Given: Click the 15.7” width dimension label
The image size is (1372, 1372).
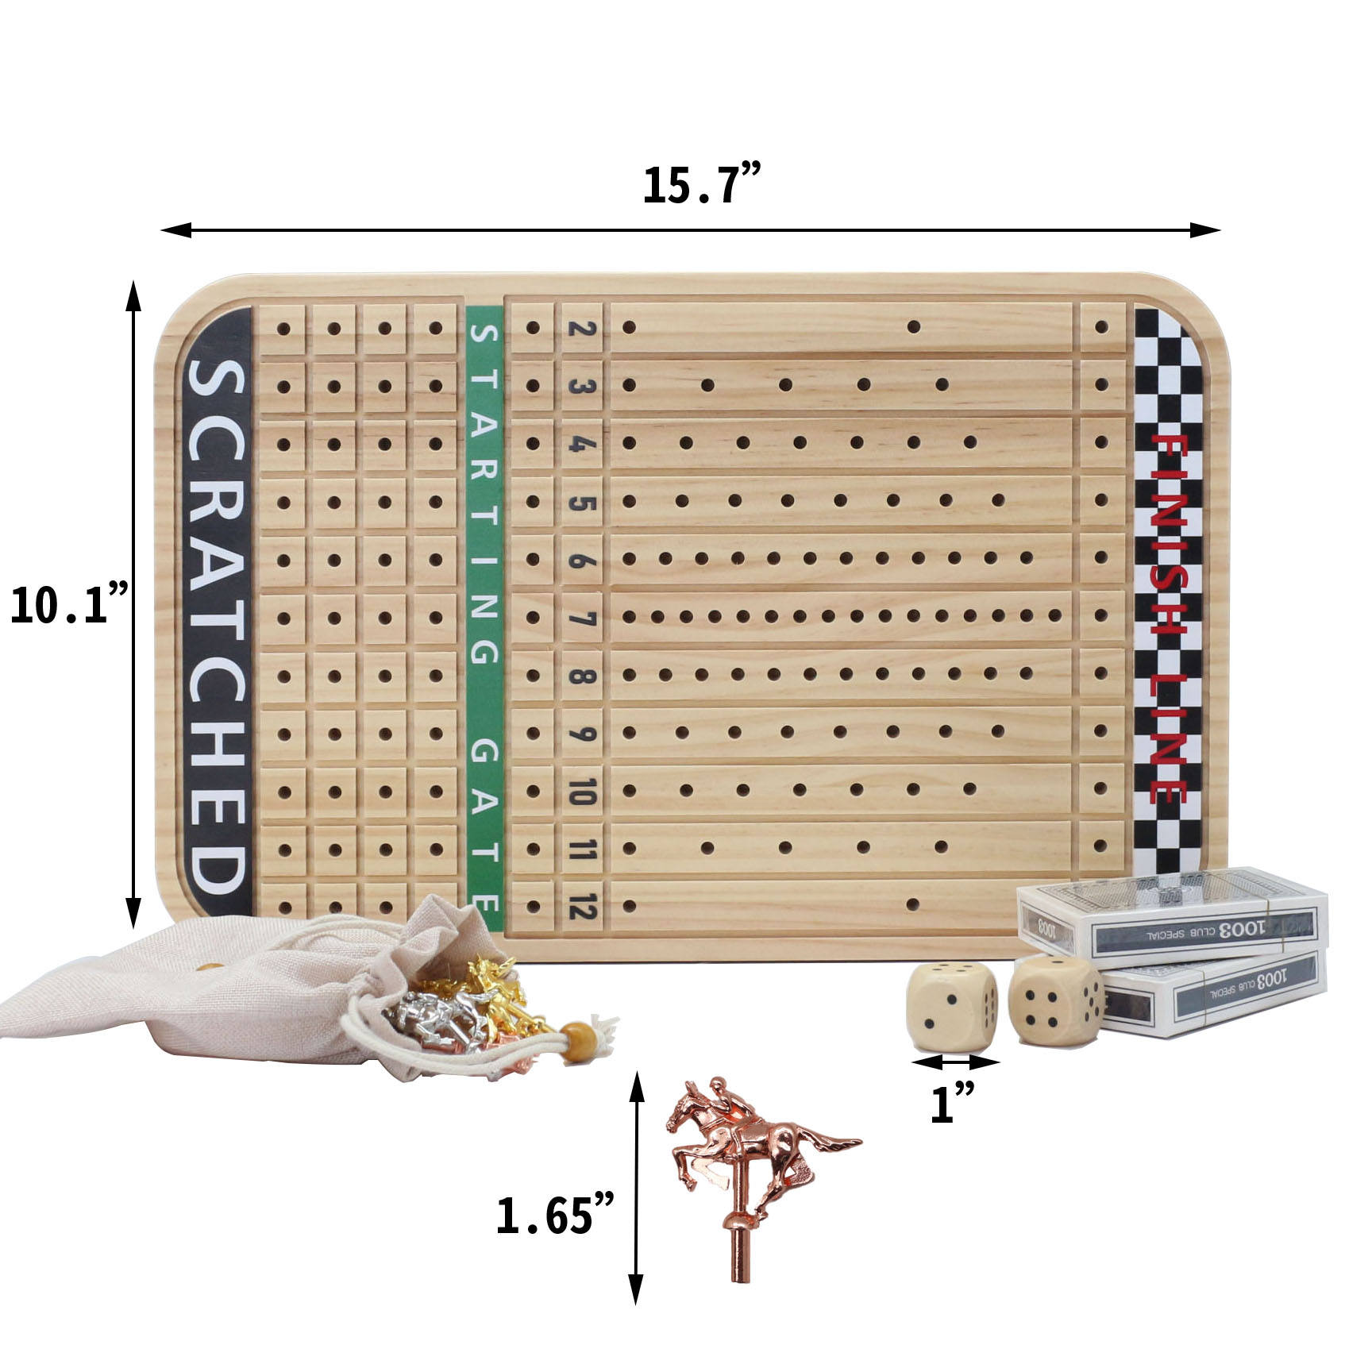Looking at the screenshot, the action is coord(702,186).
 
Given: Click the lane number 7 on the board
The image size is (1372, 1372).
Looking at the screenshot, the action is coord(582,617).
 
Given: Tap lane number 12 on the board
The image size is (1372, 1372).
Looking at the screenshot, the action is coord(582,906).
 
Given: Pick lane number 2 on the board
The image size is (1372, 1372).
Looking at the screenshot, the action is coord(582,327).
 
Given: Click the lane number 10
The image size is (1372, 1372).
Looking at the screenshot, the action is coord(582,791).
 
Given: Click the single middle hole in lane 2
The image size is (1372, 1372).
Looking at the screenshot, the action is coord(913,327).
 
